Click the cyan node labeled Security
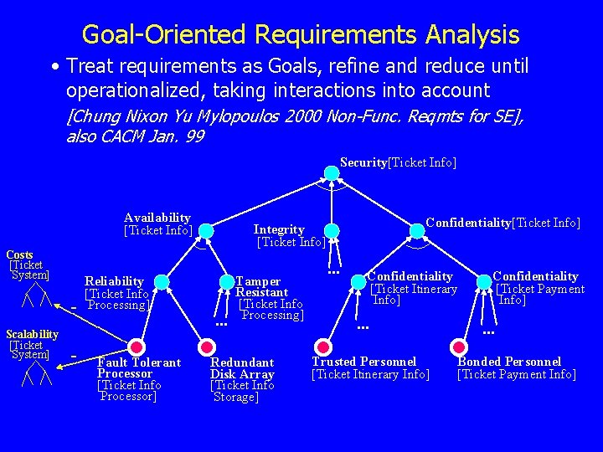pos(332,173)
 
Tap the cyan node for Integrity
pos(332,230)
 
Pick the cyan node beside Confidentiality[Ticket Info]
pos(416,230)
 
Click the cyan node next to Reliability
pos(162,283)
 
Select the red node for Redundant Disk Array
pos(204,347)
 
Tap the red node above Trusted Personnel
pos(322,344)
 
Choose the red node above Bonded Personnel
pos(457,345)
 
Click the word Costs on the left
pos(20,254)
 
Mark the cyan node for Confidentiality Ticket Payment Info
pos(484,282)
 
